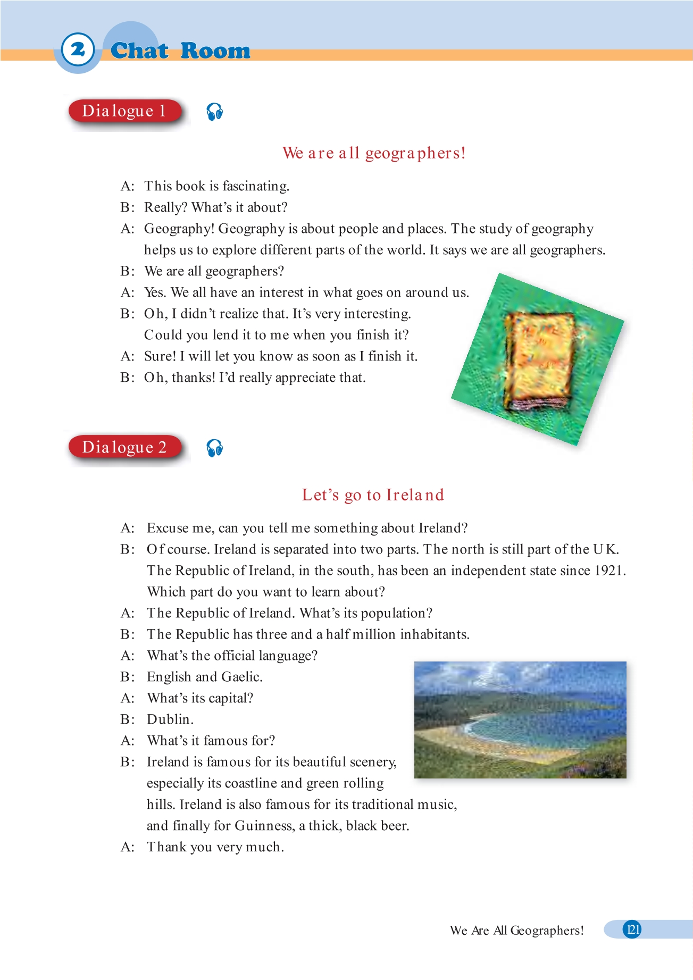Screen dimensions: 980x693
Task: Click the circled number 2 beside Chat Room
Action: coord(78,50)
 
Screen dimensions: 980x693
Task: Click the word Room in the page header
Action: coord(215,51)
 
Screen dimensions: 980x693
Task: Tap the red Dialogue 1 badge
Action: coord(124,111)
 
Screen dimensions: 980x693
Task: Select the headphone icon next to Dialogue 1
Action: coord(214,112)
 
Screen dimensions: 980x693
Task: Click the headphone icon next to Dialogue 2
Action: coord(214,448)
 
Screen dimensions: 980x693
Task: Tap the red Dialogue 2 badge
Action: coord(124,447)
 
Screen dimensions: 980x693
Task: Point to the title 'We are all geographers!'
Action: coord(373,153)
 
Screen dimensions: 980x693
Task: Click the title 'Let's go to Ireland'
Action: coord(372,495)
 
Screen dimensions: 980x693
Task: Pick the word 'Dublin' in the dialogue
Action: coord(170,719)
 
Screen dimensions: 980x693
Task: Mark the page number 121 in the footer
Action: coord(632,929)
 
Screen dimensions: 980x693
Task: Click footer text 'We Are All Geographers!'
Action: coord(516,931)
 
